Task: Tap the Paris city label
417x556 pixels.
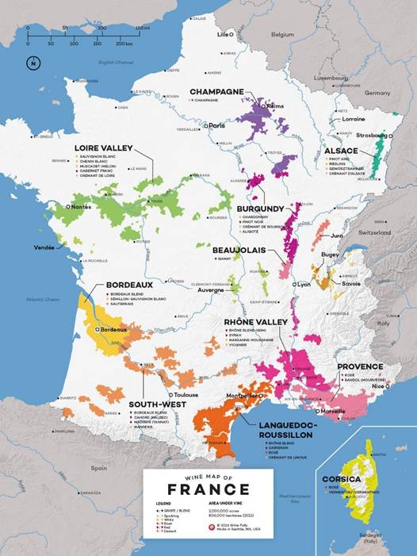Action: tap(216, 125)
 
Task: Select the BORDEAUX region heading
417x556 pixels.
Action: tap(129, 286)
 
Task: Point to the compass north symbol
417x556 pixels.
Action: tap(32, 63)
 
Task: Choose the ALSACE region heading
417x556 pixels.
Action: tap(341, 151)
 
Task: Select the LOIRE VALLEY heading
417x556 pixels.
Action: tap(103, 148)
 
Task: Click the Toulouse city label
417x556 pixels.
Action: tap(186, 393)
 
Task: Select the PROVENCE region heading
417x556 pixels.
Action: tap(360, 366)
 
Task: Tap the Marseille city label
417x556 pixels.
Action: tap(332, 412)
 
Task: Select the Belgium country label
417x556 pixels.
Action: tap(282, 35)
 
